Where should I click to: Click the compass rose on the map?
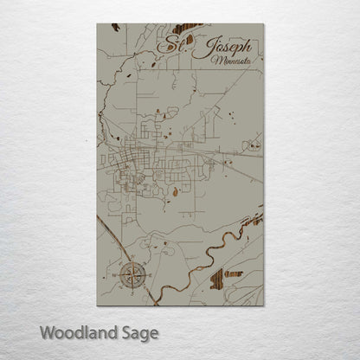(x=132, y=276)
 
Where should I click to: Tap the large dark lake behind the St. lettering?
(x=186, y=29)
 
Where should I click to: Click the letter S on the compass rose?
(x=132, y=292)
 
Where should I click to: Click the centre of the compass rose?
(x=132, y=276)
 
